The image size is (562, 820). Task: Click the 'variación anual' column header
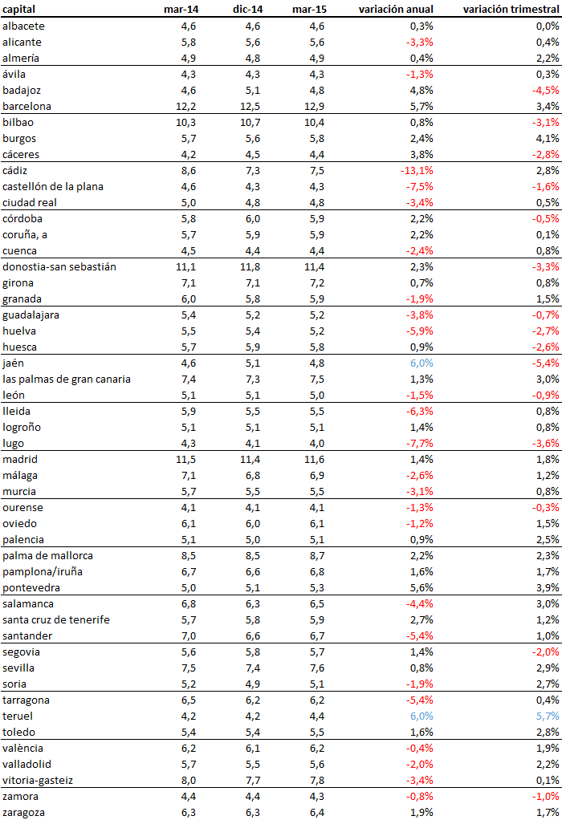pyautogui.click(x=397, y=10)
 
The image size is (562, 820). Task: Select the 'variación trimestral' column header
pyautogui.click(x=511, y=10)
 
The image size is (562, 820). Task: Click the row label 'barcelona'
pyautogui.click(x=27, y=106)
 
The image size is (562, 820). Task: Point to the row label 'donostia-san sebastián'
pyautogui.click(x=59, y=266)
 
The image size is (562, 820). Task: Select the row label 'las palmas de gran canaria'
pyautogui.click(x=67, y=379)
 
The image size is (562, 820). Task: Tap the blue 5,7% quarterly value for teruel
pyautogui.click(x=547, y=716)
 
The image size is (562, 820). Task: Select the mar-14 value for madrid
pyautogui.click(x=186, y=459)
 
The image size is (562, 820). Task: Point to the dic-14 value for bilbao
pyautogui.click(x=250, y=122)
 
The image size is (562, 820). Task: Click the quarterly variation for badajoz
pyautogui.click(x=545, y=90)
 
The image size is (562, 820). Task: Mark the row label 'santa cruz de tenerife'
pyautogui.click(x=56, y=619)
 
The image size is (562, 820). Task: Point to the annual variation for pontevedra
pyautogui.click(x=421, y=587)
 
